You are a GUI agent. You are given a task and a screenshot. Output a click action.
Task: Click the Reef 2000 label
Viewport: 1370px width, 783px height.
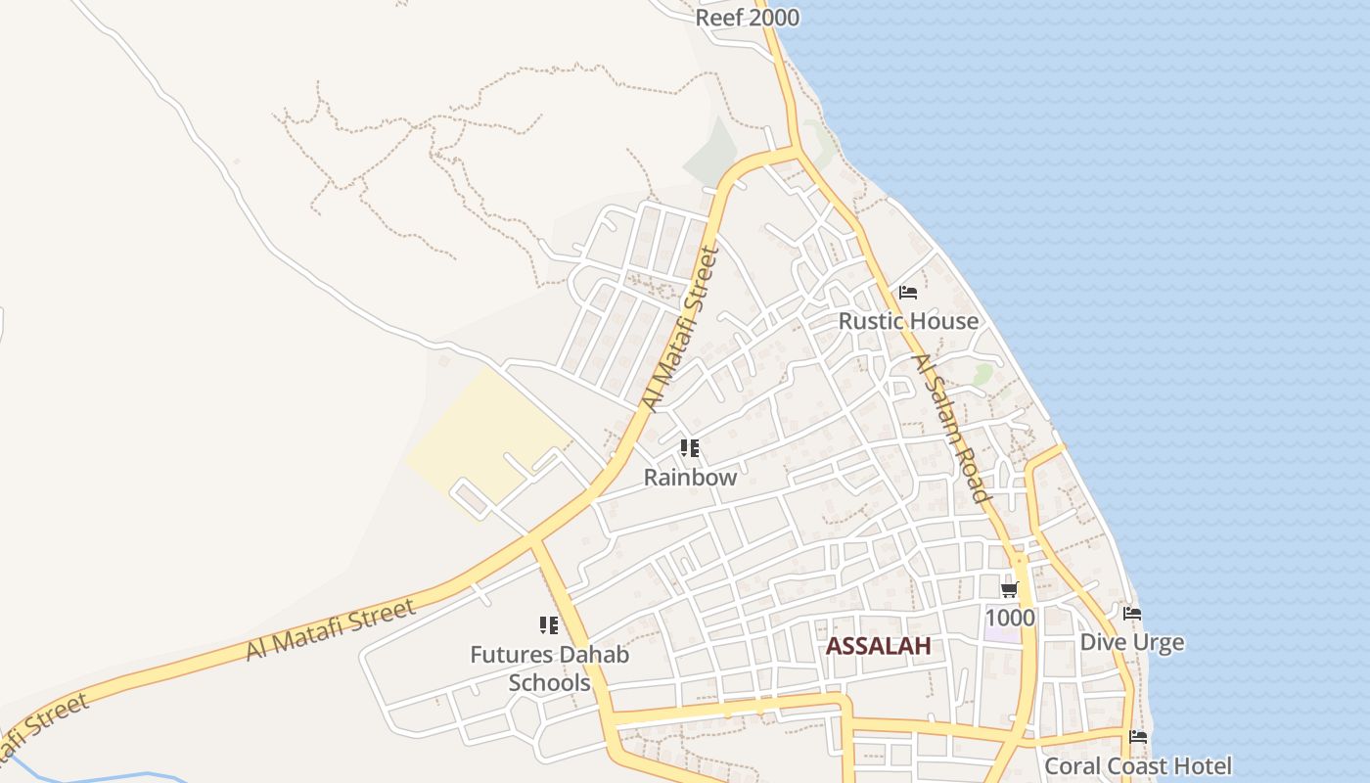point(747,18)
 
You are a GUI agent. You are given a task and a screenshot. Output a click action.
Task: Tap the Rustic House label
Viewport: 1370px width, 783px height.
point(908,321)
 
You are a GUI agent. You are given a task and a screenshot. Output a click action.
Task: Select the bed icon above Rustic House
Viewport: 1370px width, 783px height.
point(908,293)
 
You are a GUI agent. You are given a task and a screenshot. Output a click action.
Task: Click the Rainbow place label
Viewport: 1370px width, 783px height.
point(690,478)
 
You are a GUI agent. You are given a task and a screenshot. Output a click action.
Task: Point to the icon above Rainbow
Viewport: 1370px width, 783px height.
point(690,449)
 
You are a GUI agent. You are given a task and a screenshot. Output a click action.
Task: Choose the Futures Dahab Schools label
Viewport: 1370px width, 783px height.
point(549,668)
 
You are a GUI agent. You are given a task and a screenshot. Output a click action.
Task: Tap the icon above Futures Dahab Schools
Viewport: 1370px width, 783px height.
point(549,625)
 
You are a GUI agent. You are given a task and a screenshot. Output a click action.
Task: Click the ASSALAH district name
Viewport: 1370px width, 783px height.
point(878,646)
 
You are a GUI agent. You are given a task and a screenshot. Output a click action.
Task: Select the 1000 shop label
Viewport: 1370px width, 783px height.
point(1009,618)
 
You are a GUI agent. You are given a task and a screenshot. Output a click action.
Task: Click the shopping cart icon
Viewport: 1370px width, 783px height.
point(1009,589)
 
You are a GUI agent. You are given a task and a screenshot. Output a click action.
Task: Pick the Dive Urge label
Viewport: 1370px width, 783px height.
point(1131,642)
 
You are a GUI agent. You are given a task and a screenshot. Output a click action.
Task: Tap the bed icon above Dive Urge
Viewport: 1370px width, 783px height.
point(1132,614)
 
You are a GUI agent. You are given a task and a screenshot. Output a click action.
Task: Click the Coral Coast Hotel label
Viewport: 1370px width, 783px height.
point(1138,765)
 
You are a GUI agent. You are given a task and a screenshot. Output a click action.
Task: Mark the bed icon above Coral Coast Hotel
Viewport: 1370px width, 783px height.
point(1138,737)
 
